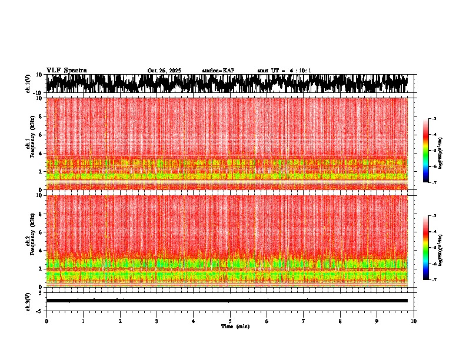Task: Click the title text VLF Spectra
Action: coord(66,71)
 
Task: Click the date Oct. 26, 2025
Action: coord(164,71)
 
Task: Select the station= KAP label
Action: coord(218,71)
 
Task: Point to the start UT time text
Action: coord(284,71)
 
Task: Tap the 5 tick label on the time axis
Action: coord(230,321)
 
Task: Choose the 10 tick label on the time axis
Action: coord(414,321)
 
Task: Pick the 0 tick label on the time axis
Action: coord(46,321)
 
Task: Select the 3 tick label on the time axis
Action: coord(157,321)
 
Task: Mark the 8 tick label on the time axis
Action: coord(340,321)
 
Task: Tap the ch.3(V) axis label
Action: coord(28,301)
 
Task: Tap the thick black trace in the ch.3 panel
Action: coord(227,301)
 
